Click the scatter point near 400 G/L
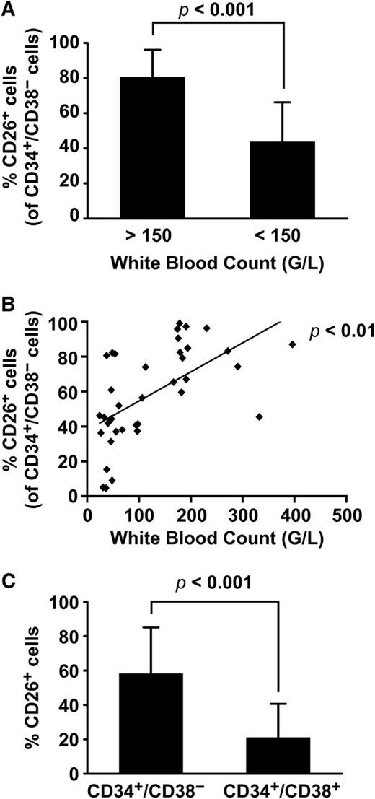click(292, 344)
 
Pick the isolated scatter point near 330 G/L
click(259, 416)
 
